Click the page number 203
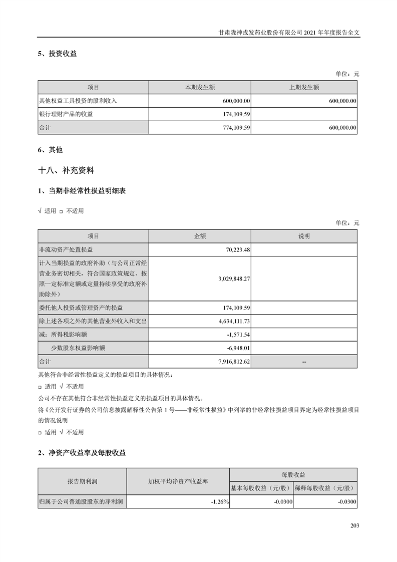pyautogui.click(x=355, y=525)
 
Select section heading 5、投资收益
pyautogui.click(x=57, y=54)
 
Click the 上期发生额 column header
pyautogui.click(x=304, y=87)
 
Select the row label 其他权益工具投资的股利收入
pyautogui.click(x=78, y=101)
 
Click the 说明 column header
pyautogui.click(x=304, y=236)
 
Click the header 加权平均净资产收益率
pyautogui.click(x=178, y=481)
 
